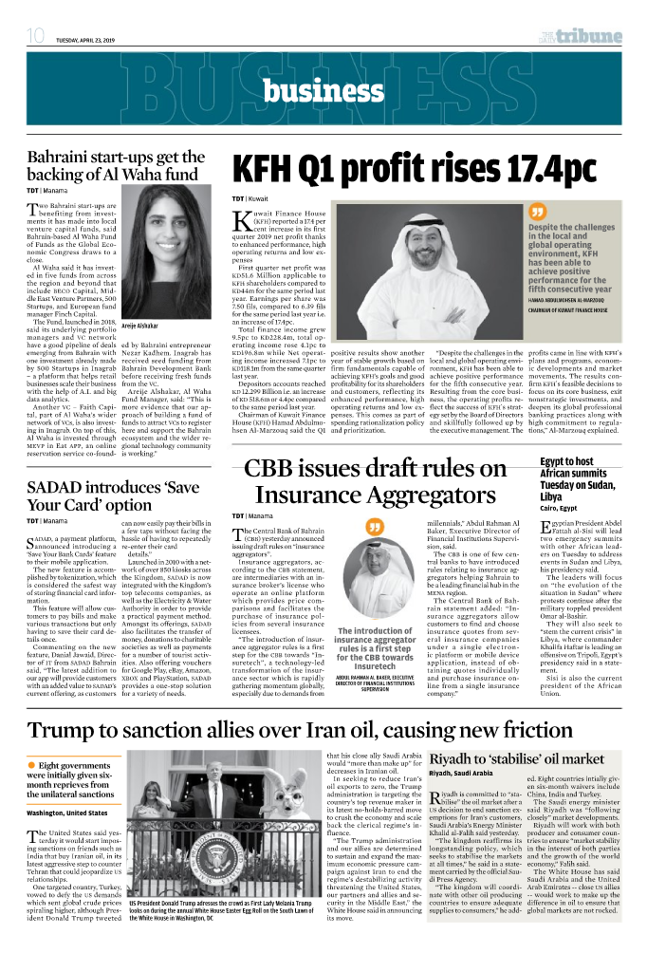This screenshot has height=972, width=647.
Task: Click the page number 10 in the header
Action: click(36, 36)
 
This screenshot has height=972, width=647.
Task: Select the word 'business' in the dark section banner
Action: click(323, 90)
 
